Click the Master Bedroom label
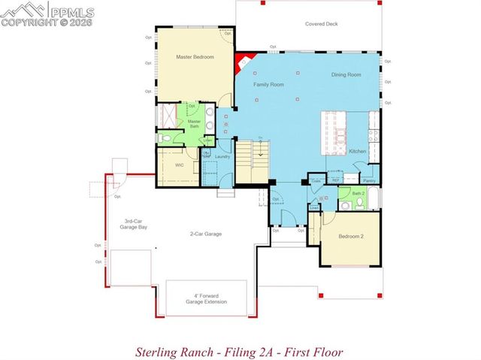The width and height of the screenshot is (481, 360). pos(195,57)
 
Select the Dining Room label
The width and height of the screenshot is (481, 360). pos(346,75)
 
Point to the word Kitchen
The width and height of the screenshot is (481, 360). pos(358,152)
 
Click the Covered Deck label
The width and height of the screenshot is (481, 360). pos(321,24)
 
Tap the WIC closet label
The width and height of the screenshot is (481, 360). pos(180,164)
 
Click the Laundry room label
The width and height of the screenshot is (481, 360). pos(222,156)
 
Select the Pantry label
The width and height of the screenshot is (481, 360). pos(369,180)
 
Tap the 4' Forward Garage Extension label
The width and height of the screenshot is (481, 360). pos(207,298)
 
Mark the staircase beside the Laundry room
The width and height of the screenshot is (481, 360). pos(253,160)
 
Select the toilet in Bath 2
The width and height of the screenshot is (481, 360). pos(346,204)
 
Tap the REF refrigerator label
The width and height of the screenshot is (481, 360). pos(336,180)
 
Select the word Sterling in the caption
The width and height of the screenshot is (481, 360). pos(155,351)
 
